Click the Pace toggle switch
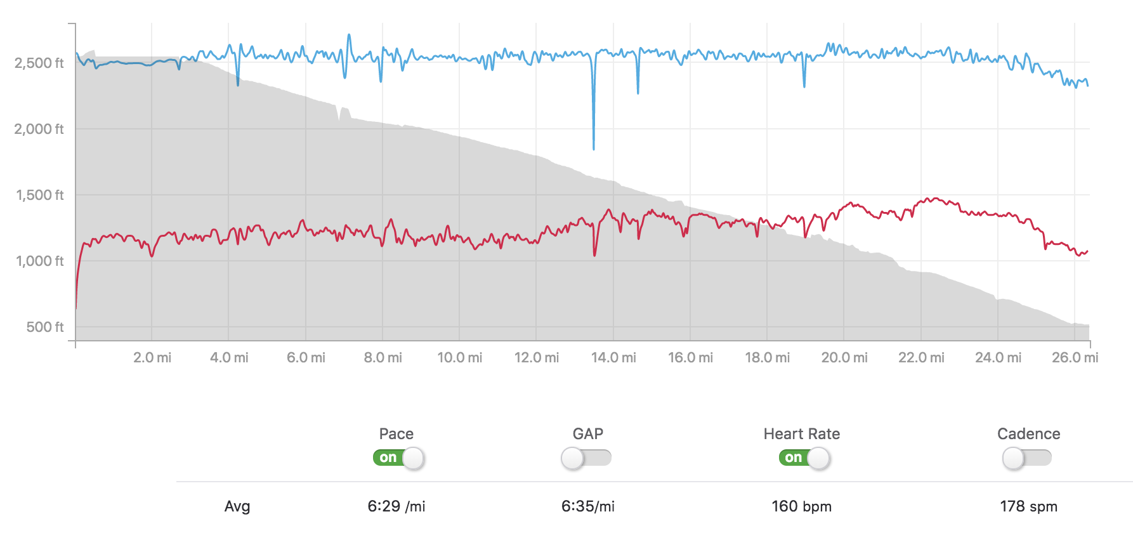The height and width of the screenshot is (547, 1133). (398, 458)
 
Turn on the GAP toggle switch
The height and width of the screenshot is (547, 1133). (586, 458)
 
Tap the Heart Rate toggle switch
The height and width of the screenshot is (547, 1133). (804, 458)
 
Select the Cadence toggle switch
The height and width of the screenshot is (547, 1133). (1027, 458)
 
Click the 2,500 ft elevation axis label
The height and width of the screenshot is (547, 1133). (39, 63)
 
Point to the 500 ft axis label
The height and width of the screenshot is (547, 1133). (45, 327)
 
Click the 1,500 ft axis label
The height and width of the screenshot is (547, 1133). (39, 195)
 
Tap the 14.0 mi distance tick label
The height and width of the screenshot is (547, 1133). (613, 357)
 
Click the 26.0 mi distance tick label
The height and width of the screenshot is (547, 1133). (1075, 357)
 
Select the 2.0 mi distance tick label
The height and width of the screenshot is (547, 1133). (152, 357)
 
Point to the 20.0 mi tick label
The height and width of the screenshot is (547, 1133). (844, 357)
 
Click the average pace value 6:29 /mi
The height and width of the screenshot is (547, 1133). (396, 506)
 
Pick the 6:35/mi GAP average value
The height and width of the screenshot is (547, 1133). (588, 506)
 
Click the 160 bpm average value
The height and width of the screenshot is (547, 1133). (801, 506)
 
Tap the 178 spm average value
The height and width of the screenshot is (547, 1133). (1028, 506)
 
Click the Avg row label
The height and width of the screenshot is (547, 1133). (237, 506)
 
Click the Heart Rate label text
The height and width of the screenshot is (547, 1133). (801, 434)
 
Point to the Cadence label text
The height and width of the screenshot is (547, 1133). (1028, 434)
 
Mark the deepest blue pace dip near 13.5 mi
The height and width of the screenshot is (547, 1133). (594, 148)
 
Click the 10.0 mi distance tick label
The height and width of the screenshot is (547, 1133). (460, 357)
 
